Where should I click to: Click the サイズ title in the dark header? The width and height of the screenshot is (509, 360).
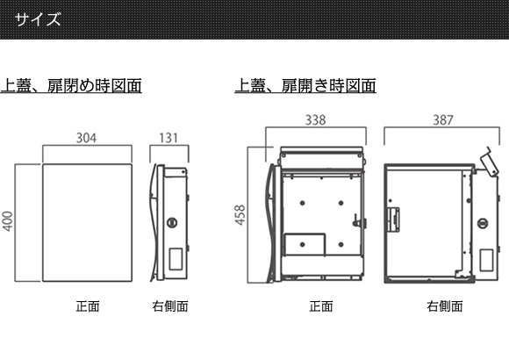click(x=38, y=19)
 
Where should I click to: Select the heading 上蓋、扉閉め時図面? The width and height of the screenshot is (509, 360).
click(x=71, y=86)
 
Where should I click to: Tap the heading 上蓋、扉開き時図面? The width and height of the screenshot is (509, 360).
click(x=305, y=86)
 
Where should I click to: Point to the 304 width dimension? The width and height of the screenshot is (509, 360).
click(x=86, y=138)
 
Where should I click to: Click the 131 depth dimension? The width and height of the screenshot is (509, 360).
click(x=168, y=138)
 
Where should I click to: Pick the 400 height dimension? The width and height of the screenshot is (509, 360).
click(x=8, y=221)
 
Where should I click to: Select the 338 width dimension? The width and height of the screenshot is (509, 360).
click(x=316, y=120)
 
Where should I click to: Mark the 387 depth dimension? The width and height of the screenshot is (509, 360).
click(x=443, y=120)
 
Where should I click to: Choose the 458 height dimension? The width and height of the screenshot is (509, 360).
click(x=240, y=215)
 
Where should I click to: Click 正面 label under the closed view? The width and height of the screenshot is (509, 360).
click(x=88, y=306)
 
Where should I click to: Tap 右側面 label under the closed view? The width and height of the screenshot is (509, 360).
click(x=170, y=306)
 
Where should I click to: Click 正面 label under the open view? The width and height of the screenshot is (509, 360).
click(x=321, y=306)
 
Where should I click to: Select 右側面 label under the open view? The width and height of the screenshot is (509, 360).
click(x=445, y=306)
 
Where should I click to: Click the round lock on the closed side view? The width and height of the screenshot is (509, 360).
click(x=172, y=223)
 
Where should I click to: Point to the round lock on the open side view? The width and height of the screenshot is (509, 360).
click(x=483, y=223)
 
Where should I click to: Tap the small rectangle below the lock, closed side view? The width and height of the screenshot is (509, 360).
click(x=176, y=259)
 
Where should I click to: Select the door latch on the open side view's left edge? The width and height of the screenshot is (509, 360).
click(x=393, y=220)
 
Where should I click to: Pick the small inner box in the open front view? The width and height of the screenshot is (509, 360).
click(x=305, y=244)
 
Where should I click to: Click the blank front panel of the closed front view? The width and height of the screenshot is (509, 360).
click(x=88, y=222)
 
